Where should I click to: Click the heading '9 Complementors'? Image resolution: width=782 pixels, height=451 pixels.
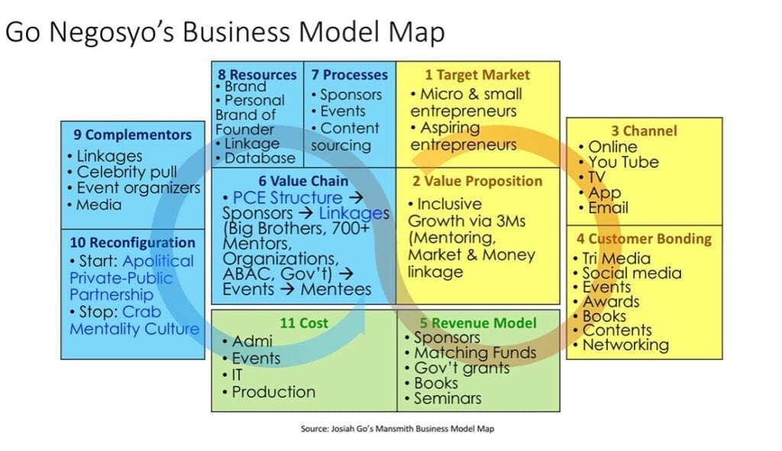[133, 135]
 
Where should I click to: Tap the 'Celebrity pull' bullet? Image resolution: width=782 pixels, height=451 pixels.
[122, 172]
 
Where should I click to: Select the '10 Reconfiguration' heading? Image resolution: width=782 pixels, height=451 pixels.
[133, 243]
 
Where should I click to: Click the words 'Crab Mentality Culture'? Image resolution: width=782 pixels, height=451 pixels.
[134, 321]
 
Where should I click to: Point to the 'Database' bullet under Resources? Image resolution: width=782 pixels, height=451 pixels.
[255, 159]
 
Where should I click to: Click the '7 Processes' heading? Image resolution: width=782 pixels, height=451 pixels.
[350, 75]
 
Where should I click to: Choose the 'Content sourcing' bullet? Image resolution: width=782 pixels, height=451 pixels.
[346, 137]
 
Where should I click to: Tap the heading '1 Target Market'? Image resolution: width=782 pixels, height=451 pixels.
[477, 75]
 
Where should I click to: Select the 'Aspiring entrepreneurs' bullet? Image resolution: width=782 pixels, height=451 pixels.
[464, 136]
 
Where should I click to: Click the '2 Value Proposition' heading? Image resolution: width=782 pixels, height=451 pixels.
[477, 181]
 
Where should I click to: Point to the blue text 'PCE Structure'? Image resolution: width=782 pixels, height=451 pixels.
[287, 198]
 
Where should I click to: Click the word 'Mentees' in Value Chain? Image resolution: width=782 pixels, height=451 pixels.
[336, 289]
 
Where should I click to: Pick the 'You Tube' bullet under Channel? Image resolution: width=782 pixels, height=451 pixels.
[619, 162]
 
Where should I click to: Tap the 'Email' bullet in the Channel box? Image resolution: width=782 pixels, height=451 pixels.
[603, 208]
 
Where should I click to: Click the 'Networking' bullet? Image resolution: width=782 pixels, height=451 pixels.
[622, 345]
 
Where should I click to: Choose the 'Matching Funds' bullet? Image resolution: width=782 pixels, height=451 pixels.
[470, 353]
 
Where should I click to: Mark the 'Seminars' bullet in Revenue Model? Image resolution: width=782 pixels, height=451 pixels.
[444, 398]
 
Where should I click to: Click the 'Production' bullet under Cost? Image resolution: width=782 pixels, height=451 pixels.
[269, 392]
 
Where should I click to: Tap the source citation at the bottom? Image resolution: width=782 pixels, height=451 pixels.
[397, 429]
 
